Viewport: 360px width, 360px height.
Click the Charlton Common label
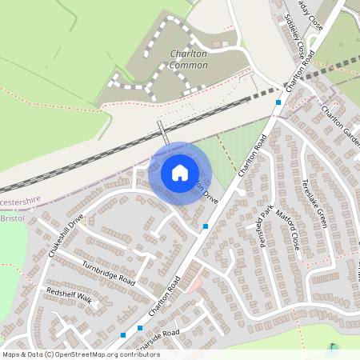click(189, 59)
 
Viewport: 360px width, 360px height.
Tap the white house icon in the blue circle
click(180, 173)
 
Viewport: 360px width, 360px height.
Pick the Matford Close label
click(290, 227)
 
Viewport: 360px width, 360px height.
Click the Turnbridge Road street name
click(108, 270)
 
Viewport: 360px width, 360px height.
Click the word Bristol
click(13, 218)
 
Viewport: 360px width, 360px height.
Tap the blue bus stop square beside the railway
click(278, 102)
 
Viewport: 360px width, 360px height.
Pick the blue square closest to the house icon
click(206, 226)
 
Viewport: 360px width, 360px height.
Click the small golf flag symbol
click(333, 348)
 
